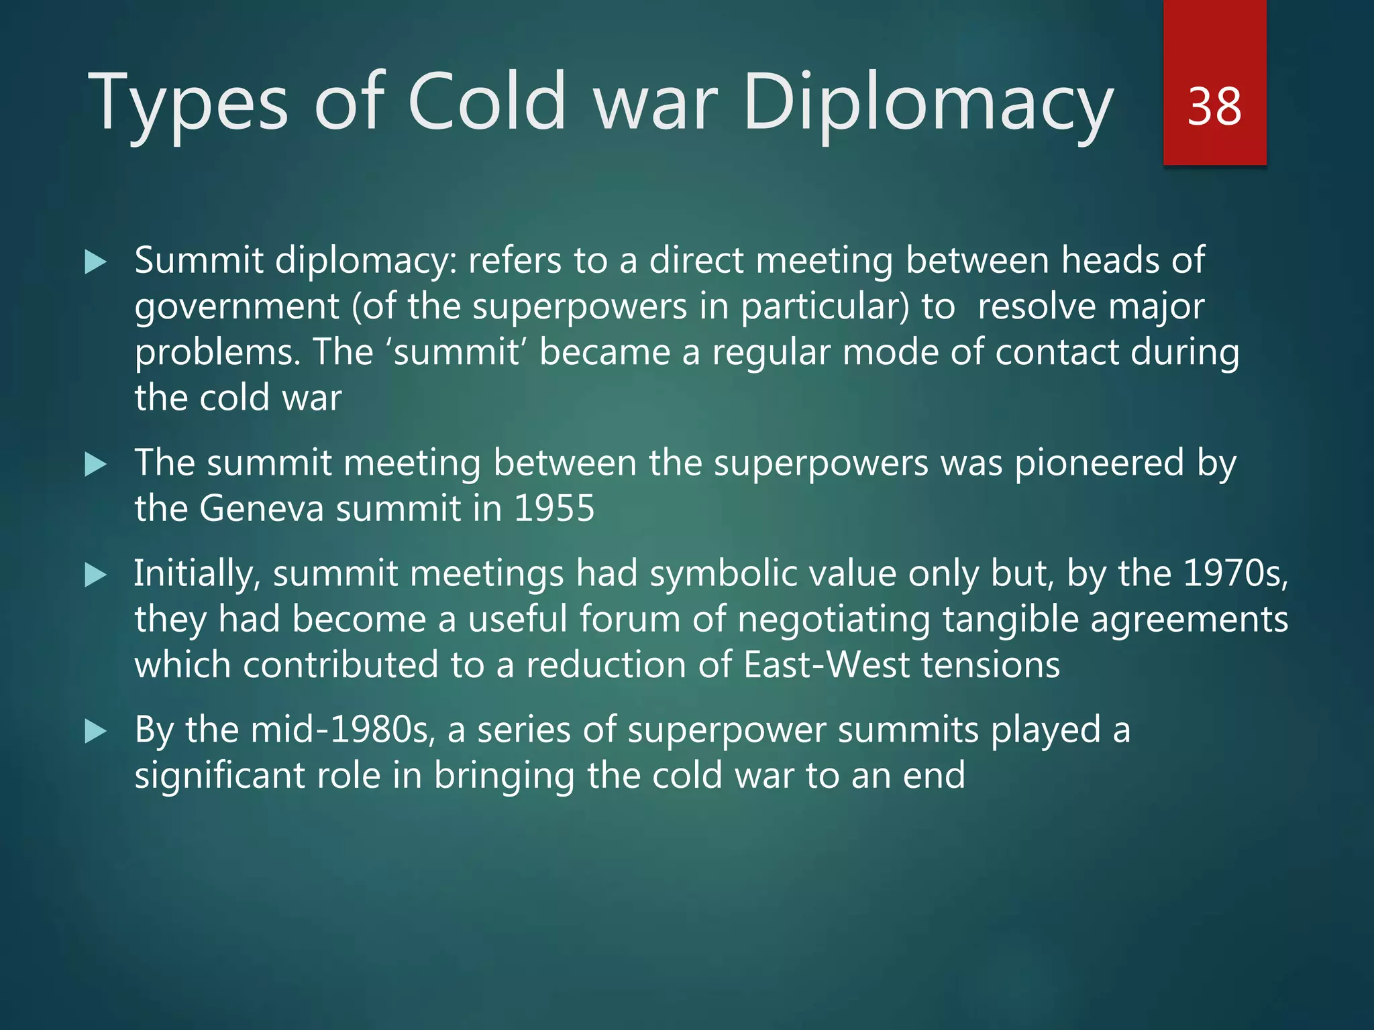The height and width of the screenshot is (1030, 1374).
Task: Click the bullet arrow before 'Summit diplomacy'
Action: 96,262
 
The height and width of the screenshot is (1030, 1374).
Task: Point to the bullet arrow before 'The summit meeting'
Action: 96,464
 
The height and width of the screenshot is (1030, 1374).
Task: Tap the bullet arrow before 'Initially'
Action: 96,575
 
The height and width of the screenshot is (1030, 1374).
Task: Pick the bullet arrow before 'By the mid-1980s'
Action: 96,731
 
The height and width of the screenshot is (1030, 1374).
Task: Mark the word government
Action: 237,308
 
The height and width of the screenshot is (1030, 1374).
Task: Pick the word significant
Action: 219,776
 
